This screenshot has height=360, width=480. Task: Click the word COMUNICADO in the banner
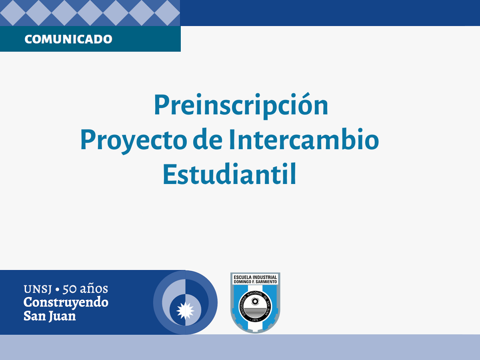(x=68, y=39)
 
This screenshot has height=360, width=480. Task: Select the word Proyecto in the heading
(x=134, y=141)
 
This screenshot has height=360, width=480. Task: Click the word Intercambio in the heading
(x=304, y=140)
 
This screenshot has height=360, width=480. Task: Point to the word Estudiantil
(x=229, y=174)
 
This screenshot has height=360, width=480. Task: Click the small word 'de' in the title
(x=208, y=140)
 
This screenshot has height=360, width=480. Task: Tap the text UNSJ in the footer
(x=38, y=289)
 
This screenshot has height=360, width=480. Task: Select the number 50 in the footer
(x=70, y=289)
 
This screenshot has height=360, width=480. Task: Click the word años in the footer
(x=94, y=288)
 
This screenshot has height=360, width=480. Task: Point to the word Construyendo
(x=66, y=303)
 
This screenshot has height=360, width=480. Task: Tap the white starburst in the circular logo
(x=185, y=310)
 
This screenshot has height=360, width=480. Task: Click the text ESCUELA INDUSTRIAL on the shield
(x=255, y=277)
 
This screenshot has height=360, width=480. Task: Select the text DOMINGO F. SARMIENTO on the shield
(x=255, y=282)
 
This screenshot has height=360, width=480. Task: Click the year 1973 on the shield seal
(x=255, y=320)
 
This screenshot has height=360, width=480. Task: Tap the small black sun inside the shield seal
(x=255, y=302)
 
